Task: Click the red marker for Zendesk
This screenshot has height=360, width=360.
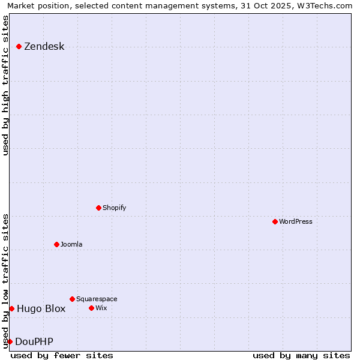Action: coord(19,46)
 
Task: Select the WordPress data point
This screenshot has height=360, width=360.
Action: coord(275,221)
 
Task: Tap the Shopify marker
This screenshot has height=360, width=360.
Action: coord(99,208)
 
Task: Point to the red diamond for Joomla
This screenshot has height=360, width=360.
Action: coord(57,244)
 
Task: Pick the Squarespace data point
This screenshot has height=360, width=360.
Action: coord(73,299)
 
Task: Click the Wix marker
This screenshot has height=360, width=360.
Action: coord(92,308)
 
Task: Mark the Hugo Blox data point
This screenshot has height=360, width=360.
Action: coord(11,308)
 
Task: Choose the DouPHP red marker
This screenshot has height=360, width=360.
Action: coord(10,341)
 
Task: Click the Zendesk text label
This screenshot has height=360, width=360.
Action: coord(44,47)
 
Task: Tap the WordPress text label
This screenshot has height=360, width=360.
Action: coord(296,221)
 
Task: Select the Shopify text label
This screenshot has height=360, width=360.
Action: coord(114,208)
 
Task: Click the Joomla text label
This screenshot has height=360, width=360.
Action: coord(71,244)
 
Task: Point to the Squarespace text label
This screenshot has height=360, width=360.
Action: coord(97,299)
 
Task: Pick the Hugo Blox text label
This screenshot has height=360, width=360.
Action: coord(41,309)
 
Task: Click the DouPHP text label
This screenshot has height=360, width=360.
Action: coord(34,342)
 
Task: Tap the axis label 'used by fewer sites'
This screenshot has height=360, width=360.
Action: coord(62,355)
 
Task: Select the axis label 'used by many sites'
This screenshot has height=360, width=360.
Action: coord(301,355)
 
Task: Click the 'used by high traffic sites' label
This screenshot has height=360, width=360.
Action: coord(5,85)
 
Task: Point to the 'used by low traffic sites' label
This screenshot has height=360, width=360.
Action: coord(5,281)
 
